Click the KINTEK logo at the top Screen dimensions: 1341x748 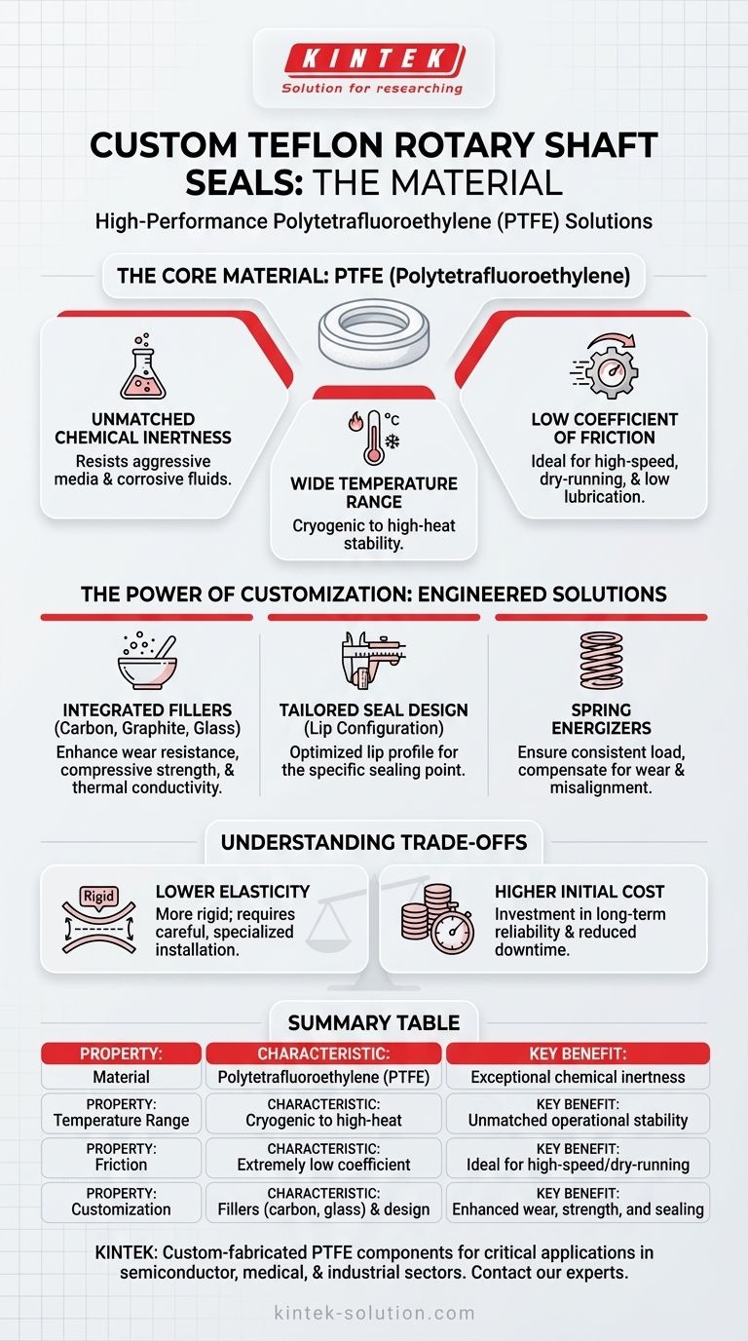[373, 60]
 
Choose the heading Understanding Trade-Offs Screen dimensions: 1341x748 [373, 842]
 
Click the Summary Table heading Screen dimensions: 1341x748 [373, 1023]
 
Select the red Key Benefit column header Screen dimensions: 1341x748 [578, 1053]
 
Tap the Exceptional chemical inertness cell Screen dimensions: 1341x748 [578, 1077]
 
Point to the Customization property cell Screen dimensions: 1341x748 [121, 1209]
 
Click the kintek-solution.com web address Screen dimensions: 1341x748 [373, 1313]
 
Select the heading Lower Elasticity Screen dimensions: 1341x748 [233, 891]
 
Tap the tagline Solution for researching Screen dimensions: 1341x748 [372, 89]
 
